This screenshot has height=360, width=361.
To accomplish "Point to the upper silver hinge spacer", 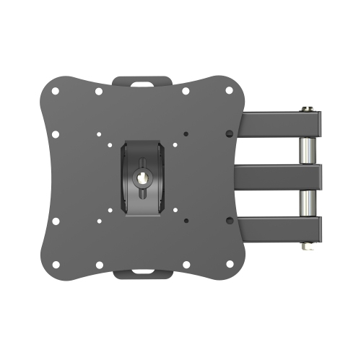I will pos(305,152).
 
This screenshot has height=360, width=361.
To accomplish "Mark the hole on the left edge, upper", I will pos(57,133).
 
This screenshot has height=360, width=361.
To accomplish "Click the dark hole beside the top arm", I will pos(227,133).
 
